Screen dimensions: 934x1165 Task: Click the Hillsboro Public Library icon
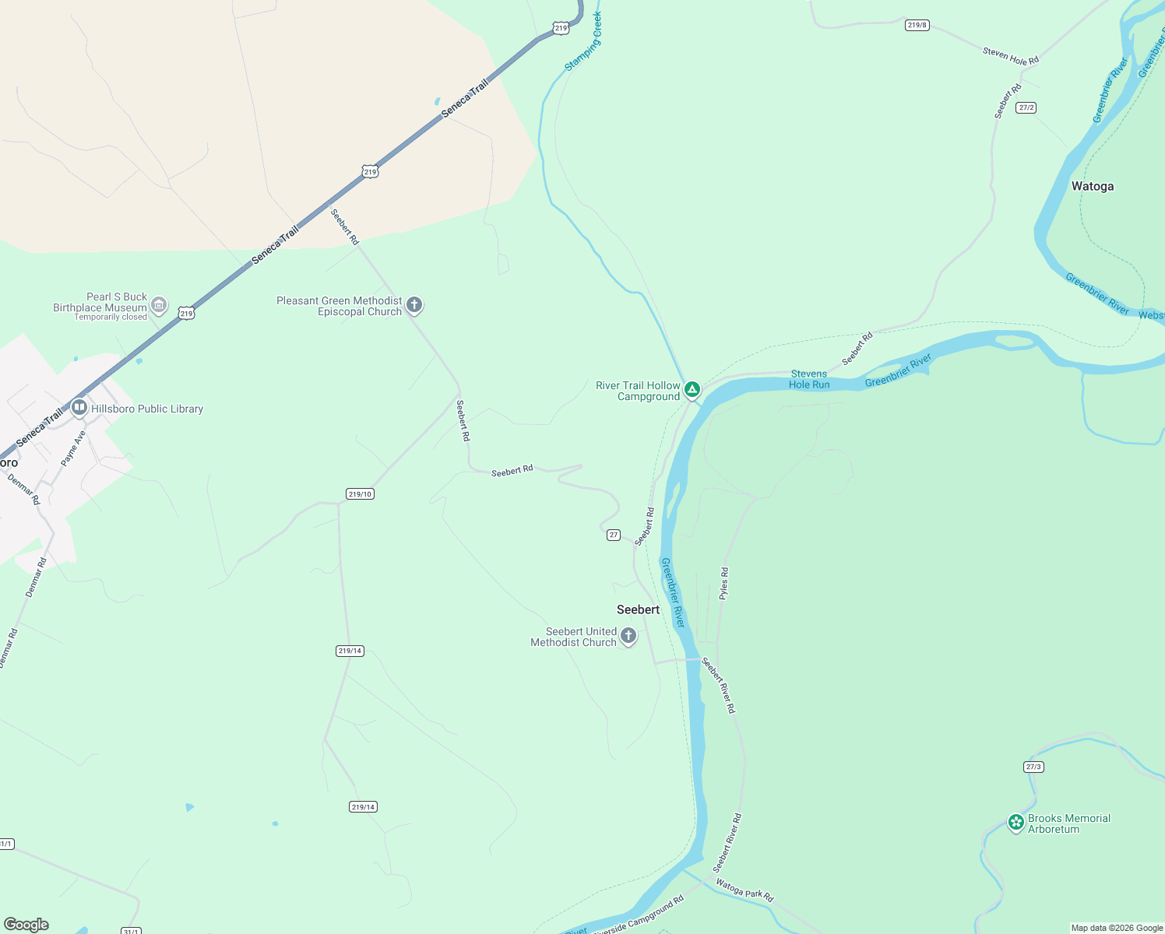click(x=79, y=408)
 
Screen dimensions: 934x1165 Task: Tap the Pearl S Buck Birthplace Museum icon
click(x=159, y=305)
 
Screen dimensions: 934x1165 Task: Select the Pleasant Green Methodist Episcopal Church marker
click(x=414, y=305)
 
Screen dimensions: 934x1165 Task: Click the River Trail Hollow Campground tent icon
click(x=692, y=388)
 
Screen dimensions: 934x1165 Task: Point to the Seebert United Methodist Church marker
click(x=628, y=636)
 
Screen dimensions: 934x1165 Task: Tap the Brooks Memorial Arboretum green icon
click(x=1015, y=822)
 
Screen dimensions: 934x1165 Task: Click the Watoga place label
click(x=1092, y=186)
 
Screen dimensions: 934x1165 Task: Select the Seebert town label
click(x=638, y=609)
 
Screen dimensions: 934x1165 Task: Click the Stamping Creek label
click(x=583, y=41)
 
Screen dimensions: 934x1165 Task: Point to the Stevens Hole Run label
click(x=809, y=379)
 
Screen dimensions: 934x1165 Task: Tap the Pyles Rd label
click(x=723, y=583)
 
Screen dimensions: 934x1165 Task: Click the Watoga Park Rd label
click(x=744, y=890)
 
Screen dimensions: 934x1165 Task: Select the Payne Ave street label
click(x=73, y=448)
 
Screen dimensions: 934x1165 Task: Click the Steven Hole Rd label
click(x=1010, y=56)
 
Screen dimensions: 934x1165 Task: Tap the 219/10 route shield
click(x=360, y=494)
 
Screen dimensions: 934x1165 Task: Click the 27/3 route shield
click(x=1033, y=767)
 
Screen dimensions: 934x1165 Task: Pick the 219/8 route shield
click(x=917, y=25)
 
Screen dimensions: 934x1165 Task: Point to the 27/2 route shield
click(x=1026, y=107)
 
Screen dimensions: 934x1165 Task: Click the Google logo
click(x=26, y=924)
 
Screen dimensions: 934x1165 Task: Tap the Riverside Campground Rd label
click(x=638, y=917)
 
